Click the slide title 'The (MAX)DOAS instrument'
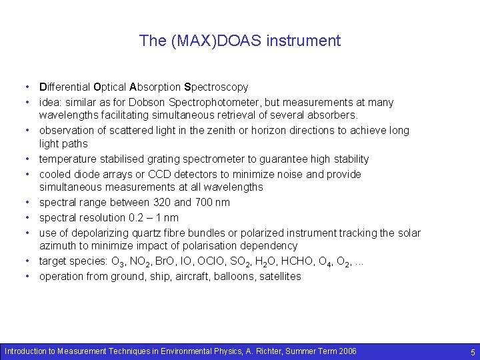coord(240,41)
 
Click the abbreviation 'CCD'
coord(173,175)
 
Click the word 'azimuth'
coord(59,246)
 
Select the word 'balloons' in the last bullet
coord(225,277)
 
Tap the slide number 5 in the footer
coord(472,351)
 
